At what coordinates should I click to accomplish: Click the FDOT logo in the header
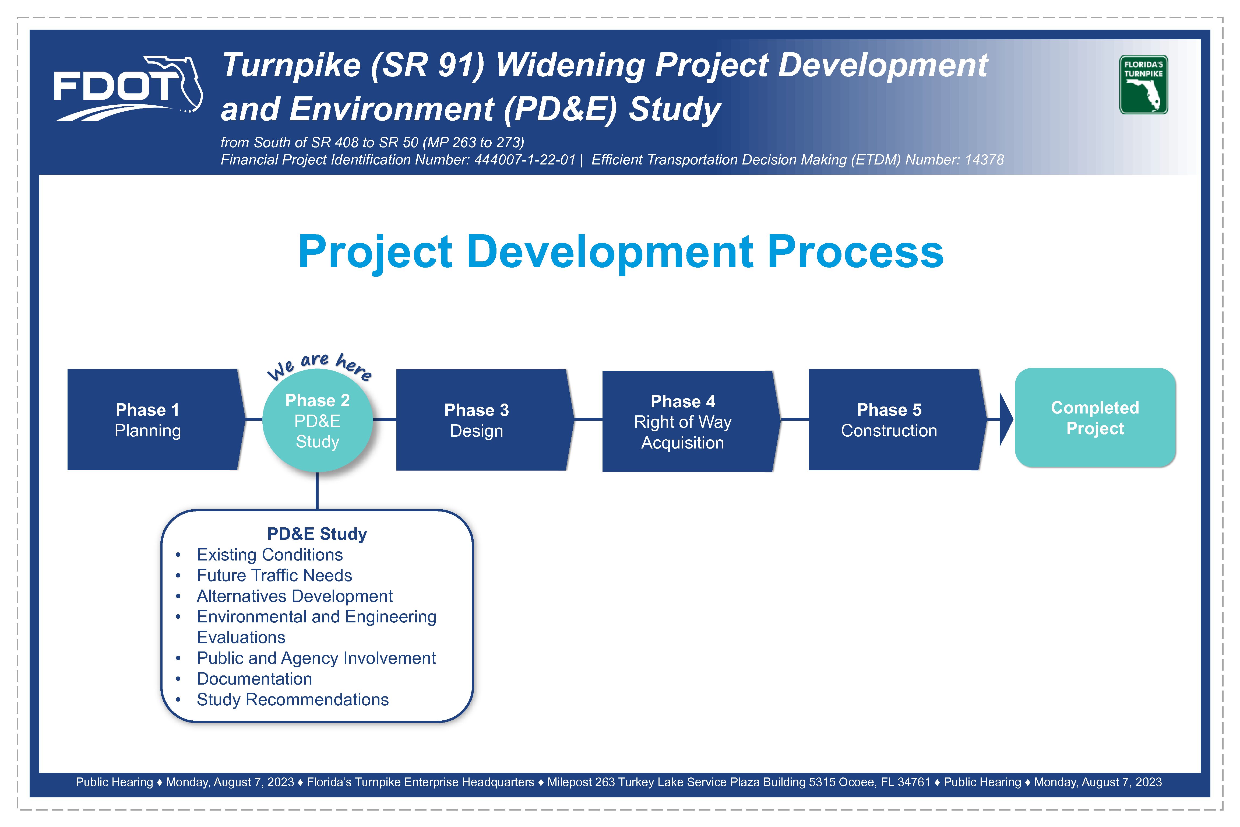coord(128,89)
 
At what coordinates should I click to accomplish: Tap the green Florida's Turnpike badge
coord(1143,85)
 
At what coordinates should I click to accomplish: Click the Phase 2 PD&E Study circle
coord(317,420)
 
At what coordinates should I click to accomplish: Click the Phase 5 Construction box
coord(897,420)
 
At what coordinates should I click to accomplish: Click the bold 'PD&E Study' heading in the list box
coord(317,534)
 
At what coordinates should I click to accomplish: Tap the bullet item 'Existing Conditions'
coord(269,555)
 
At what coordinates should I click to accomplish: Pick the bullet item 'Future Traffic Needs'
coord(274,575)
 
